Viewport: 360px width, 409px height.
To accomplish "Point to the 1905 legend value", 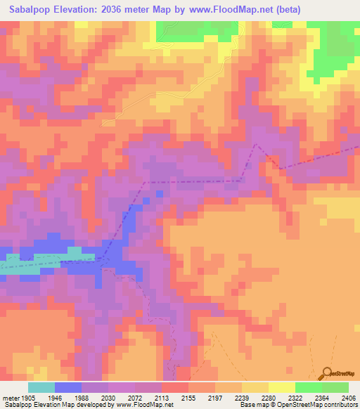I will (26, 396).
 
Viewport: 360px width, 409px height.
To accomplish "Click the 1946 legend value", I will (55, 396).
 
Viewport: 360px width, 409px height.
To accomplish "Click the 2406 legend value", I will (347, 396).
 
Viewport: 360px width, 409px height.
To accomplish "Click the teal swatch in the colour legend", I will (41, 387).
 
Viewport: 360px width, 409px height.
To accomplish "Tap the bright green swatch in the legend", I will (308, 387).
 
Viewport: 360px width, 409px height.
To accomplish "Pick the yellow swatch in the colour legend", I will (281, 387).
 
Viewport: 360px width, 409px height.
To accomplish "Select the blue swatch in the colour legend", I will (68, 387).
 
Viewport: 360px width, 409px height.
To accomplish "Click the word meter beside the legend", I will (8, 396).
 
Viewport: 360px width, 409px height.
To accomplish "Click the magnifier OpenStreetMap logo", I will (328, 373).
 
